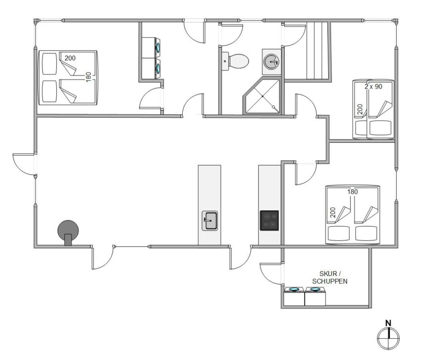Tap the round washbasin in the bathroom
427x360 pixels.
coord(271,62)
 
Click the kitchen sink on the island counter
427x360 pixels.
coord(210,220)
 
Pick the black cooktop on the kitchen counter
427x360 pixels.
coord(269,220)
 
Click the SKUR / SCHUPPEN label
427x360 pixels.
coord(330,277)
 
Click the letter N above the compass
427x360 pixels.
coord(388,323)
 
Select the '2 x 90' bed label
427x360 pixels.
coord(373,87)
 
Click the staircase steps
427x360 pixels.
coord(317,51)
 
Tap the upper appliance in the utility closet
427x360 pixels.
coord(151,47)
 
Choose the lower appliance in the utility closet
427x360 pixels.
coord(151,68)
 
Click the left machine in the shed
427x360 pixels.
coord(294,296)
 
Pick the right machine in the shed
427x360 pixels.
coord(315,296)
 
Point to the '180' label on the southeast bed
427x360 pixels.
coord(352,192)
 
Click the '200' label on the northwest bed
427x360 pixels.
coord(70,58)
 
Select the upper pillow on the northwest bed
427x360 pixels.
coord(49,63)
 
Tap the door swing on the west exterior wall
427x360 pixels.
coord(23,164)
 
